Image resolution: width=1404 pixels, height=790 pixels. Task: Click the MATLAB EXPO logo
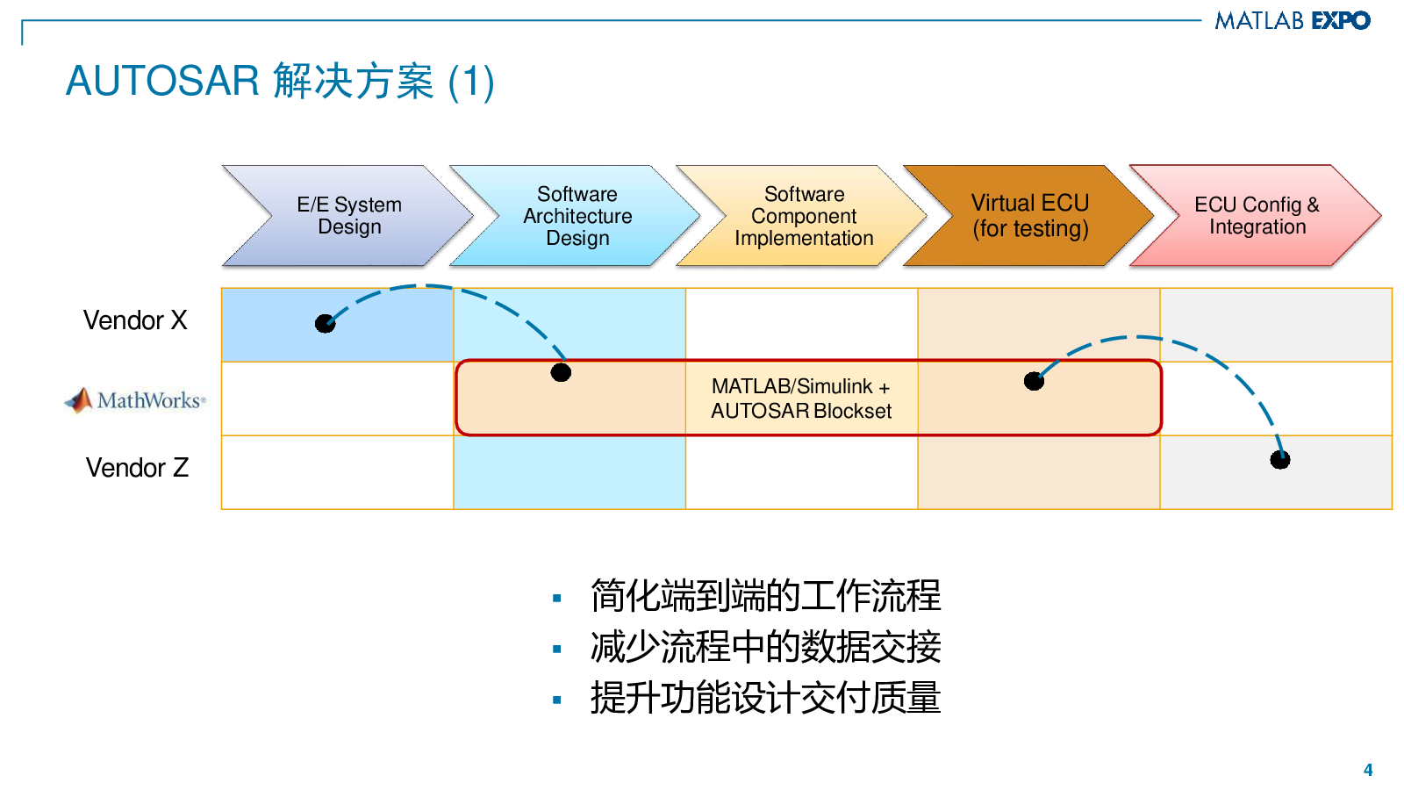click(1292, 20)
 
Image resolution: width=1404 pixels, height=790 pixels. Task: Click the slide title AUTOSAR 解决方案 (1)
click(280, 82)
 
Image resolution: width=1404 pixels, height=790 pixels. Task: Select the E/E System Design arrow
click(349, 216)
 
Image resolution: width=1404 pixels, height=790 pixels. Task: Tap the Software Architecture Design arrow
click(577, 216)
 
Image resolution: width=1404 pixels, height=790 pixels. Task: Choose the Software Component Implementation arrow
click(804, 216)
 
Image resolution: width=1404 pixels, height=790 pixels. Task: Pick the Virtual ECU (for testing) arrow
click(1030, 216)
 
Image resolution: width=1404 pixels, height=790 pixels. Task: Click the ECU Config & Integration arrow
click(1257, 216)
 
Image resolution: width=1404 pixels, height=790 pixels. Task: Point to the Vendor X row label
click(135, 320)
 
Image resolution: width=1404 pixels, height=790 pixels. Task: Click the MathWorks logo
click(135, 400)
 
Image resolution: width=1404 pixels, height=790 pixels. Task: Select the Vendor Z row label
click(137, 468)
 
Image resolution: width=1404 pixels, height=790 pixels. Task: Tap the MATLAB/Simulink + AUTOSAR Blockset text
click(800, 399)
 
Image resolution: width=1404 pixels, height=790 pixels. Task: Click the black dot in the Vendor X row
click(326, 324)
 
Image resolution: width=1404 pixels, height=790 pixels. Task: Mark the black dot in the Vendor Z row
click(1280, 459)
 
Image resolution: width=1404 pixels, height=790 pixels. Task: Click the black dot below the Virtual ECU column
click(1035, 381)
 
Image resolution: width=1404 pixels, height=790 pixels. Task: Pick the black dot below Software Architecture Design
click(561, 372)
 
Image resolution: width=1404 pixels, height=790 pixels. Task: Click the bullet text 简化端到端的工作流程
click(765, 596)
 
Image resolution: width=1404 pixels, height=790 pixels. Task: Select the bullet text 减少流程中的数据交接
click(765, 648)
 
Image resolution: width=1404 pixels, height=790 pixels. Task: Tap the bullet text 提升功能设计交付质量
click(765, 699)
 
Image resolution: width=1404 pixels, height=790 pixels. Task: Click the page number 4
click(1368, 770)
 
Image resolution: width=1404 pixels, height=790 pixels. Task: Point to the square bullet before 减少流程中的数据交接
click(557, 650)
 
